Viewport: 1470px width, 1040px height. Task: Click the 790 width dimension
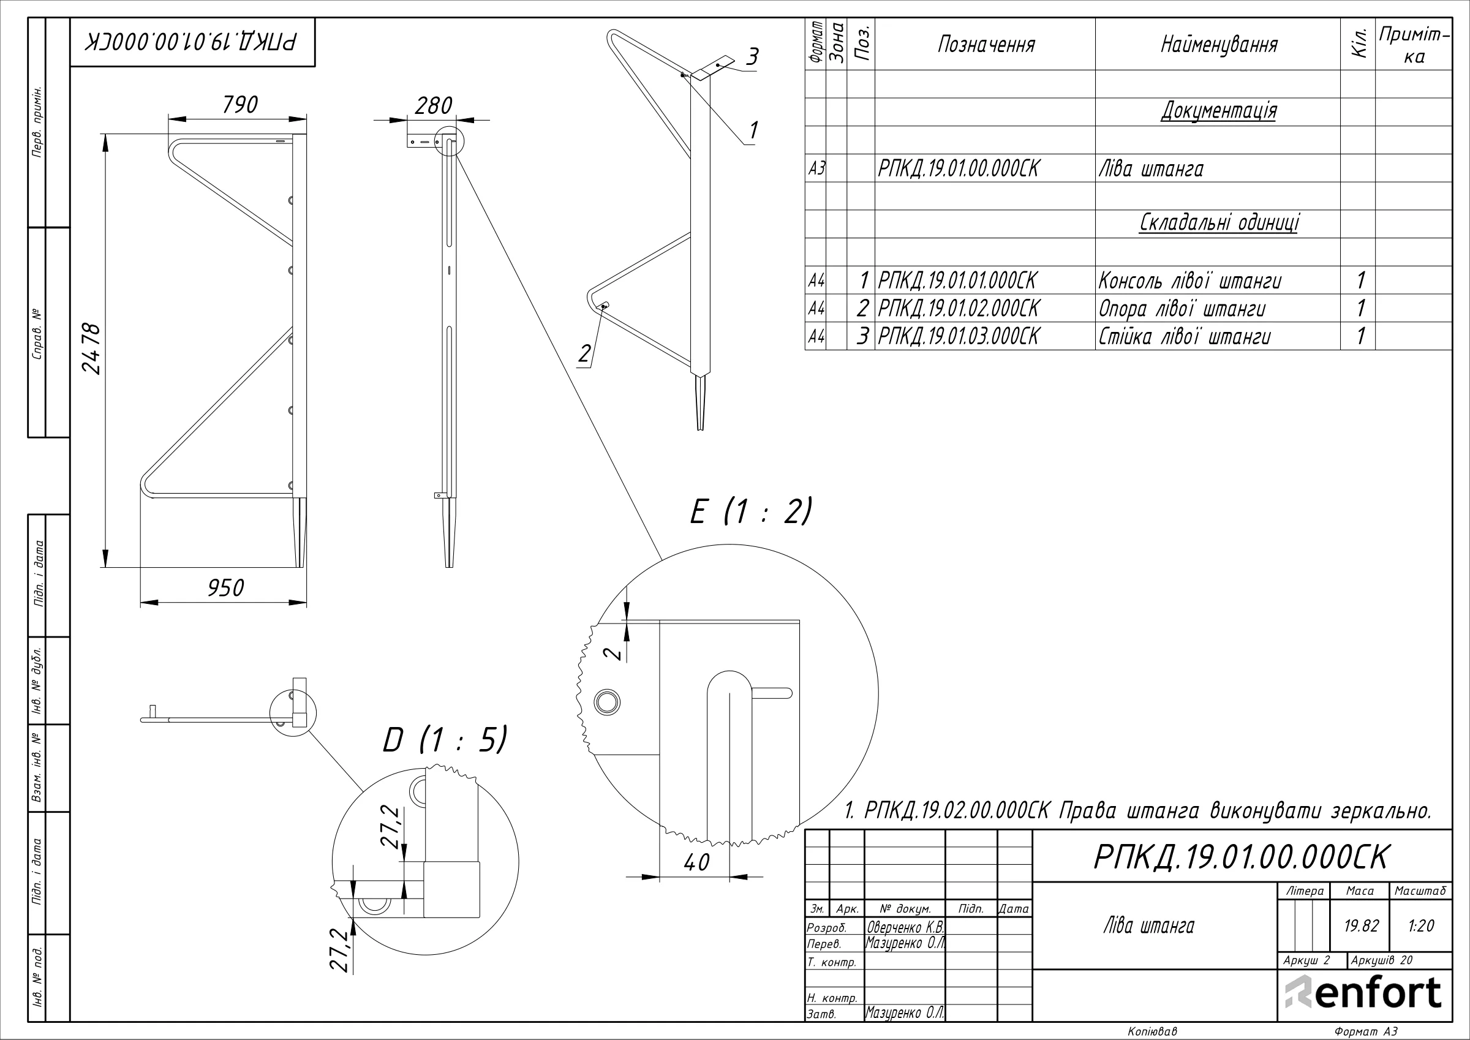coord(240,105)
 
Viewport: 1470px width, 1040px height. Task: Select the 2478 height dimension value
coord(91,349)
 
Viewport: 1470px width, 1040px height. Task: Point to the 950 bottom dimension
coord(225,588)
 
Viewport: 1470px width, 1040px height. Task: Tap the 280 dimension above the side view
coord(434,106)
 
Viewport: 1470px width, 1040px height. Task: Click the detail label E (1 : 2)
coord(751,511)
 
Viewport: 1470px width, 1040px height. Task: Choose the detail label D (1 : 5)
coord(444,740)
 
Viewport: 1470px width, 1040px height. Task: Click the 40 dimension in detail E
coord(696,862)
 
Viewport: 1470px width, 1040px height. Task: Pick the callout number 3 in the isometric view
coord(753,56)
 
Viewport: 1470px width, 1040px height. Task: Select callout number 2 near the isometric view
coord(584,353)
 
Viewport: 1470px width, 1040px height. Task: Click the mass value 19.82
coord(1361,925)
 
